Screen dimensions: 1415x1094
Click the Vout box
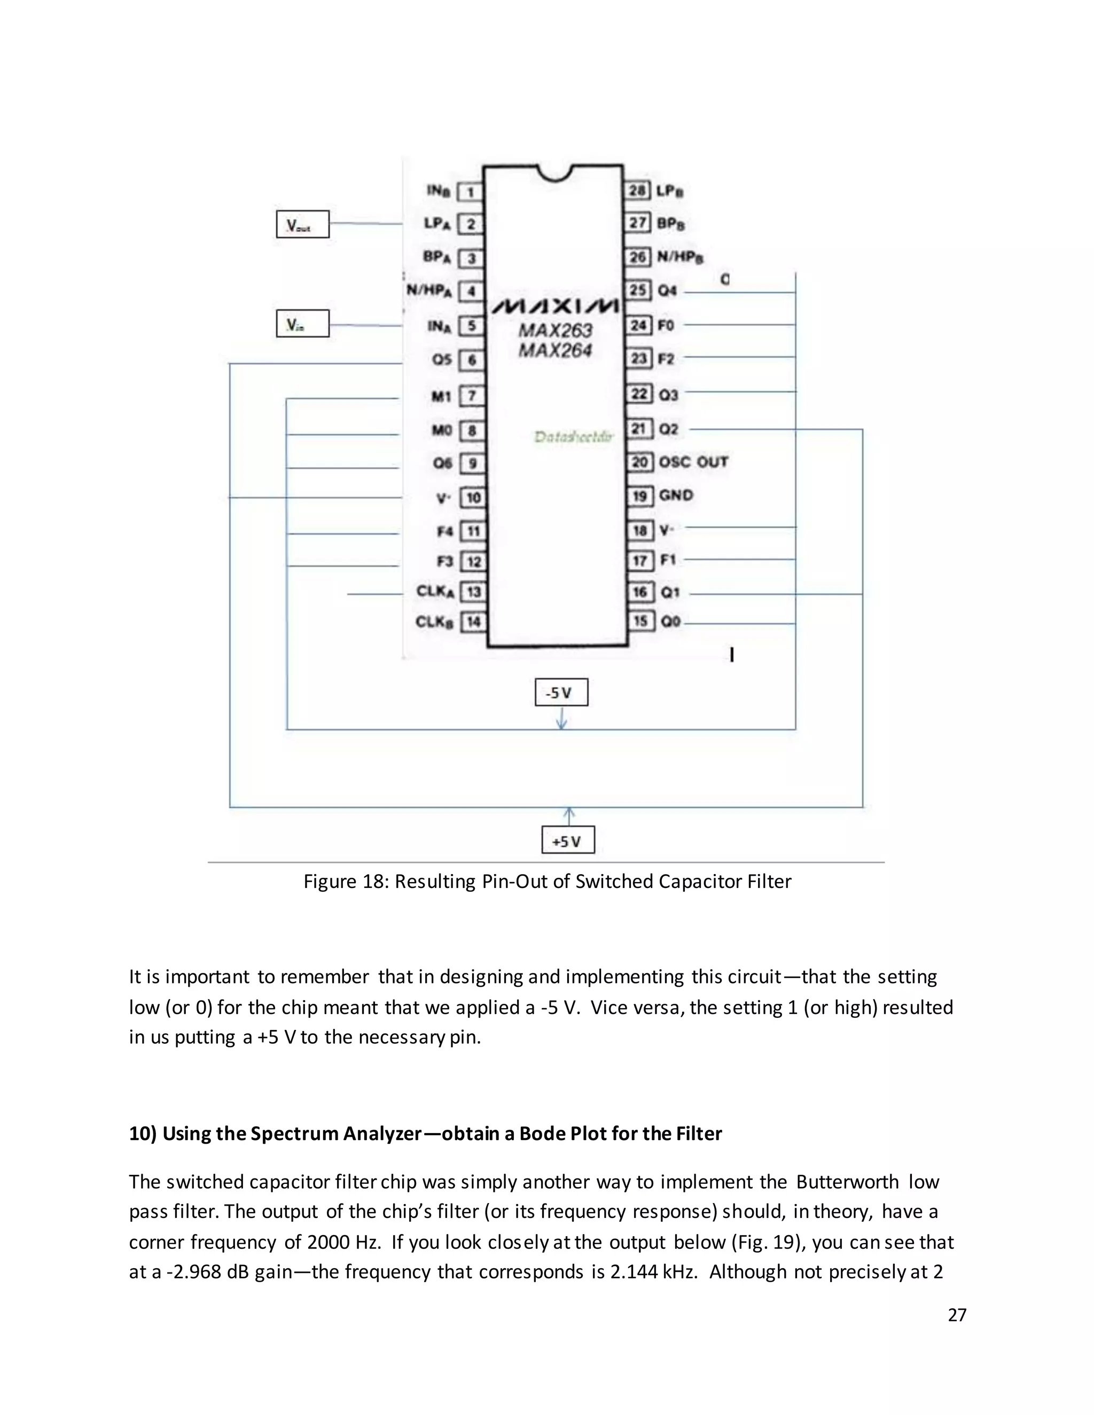click(303, 224)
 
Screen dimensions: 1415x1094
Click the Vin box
click(303, 324)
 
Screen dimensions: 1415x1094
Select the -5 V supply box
click(561, 693)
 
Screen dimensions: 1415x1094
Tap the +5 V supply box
click(568, 841)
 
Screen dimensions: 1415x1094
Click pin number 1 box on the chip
click(471, 192)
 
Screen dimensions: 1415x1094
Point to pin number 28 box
click(638, 191)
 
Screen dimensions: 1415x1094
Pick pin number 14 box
click(473, 622)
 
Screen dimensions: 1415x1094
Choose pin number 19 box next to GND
click(639, 496)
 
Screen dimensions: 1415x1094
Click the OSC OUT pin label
click(693, 462)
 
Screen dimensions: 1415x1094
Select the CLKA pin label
click(435, 591)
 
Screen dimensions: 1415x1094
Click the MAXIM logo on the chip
click(555, 306)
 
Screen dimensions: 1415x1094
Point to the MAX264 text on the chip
click(556, 350)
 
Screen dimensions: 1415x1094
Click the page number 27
click(957, 1315)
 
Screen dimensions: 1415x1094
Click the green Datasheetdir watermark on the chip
click(574, 437)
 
